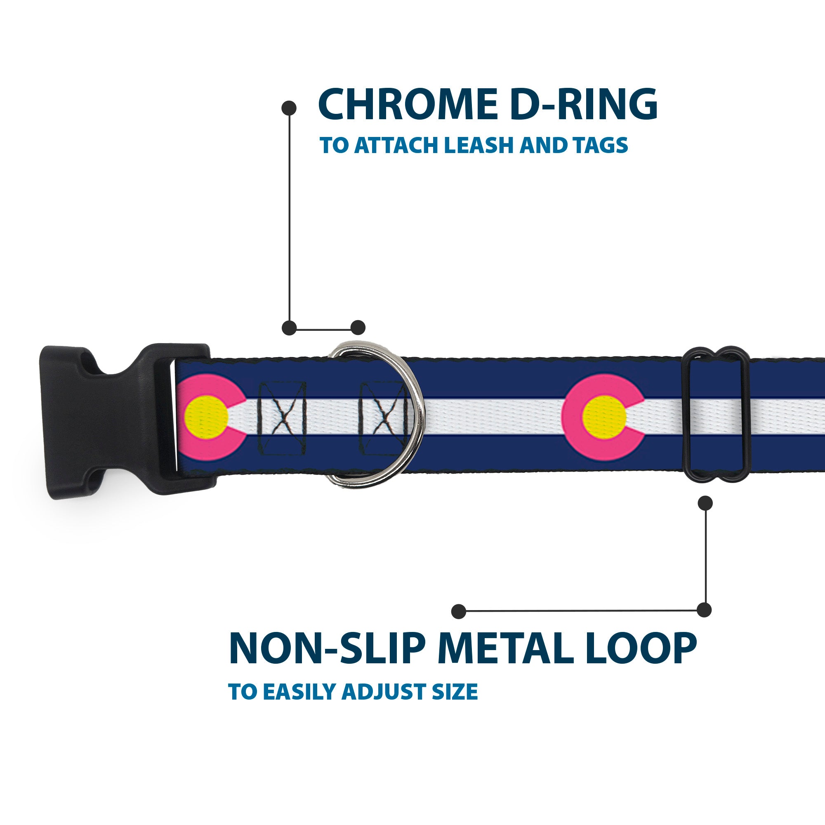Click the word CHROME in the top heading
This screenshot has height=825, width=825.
point(408,105)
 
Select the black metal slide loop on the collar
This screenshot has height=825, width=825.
point(716,415)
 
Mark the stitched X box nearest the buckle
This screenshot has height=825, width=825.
point(282,417)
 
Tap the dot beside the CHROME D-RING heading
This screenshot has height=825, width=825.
point(289,108)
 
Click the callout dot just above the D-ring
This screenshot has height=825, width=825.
point(358,328)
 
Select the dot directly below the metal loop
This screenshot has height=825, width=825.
point(705,503)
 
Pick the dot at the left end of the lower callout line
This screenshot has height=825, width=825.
point(459,611)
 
